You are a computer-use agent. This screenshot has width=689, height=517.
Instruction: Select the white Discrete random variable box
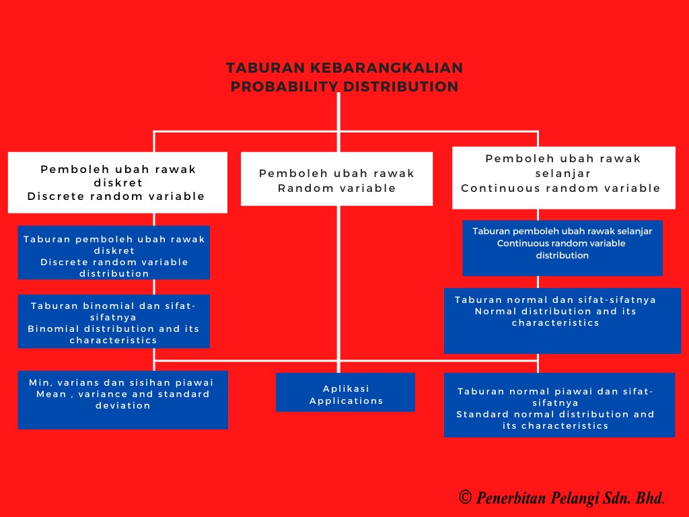pyautogui.click(x=117, y=182)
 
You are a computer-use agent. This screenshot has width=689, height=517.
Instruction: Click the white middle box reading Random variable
pyautogui.click(x=336, y=179)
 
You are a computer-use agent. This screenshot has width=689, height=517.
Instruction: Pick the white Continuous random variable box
pyautogui.click(x=563, y=178)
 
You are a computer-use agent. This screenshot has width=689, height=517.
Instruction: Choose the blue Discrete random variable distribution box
pyautogui.click(x=114, y=252)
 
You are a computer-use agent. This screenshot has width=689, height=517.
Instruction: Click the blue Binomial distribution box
pyautogui.click(x=114, y=321)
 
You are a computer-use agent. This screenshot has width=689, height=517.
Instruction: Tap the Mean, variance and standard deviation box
pyautogui.click(x=122, y=399)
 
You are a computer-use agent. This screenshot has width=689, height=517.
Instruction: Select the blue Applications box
pyautogui.click(x=345, y=392)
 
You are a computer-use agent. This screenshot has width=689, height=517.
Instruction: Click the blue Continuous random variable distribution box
pyautogui.click(x=562, y=248)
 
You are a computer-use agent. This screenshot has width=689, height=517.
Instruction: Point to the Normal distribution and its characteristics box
pyautogui.click(x=562, y=320)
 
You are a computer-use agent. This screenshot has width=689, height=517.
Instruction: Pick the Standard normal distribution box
pyautogui.click(x=558, y=405)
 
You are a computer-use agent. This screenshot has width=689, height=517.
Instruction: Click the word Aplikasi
pyautogui.click(x=346, y=388)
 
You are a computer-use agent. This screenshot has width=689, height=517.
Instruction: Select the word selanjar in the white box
pyautogui.click(x=563, y=174)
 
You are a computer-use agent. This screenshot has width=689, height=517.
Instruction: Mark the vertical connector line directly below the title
pyautogui.click(x=338, y=111)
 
